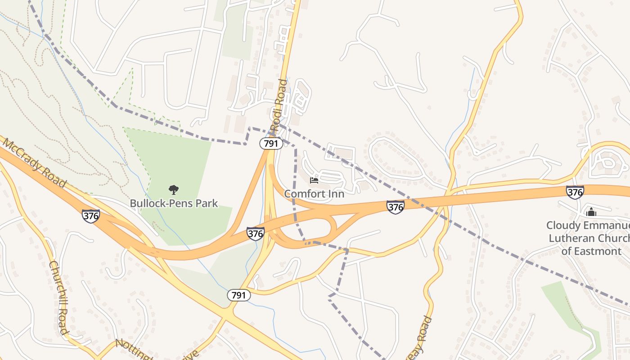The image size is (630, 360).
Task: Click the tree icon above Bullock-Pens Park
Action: point(174,190)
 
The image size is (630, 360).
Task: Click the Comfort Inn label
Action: point(314,194)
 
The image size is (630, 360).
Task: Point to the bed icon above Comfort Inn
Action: point(314,180)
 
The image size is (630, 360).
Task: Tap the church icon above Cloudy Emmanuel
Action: point(591,211)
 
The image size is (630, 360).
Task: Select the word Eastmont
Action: point(597,251)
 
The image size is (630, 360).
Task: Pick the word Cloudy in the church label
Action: point(562,225)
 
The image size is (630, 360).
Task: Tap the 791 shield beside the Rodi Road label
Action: point(271,144)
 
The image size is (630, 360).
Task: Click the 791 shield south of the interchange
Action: point(238,295)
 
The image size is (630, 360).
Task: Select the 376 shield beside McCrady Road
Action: point(91,216)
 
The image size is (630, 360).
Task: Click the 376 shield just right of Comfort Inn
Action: point(395,207)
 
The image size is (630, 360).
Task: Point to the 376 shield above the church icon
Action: point(575,192)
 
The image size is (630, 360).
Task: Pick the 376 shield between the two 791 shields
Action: point(255,234)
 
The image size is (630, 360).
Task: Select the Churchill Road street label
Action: point(59,297)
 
